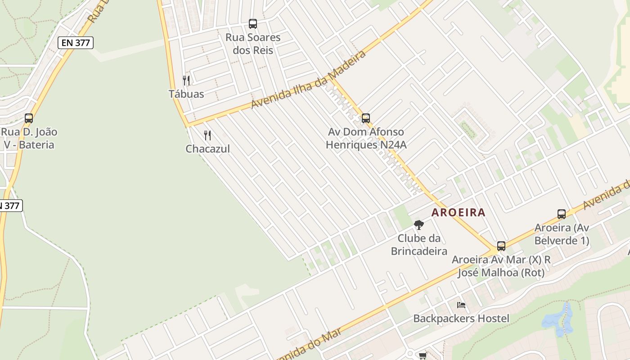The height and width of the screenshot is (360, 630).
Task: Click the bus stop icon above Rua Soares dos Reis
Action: [253, 23]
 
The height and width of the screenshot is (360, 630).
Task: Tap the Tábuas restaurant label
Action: [186, 94]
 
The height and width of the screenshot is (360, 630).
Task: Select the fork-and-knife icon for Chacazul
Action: [207, 135]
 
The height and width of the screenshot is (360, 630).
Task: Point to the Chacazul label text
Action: [207, 148]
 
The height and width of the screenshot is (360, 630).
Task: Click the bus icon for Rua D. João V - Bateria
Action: [29, 118]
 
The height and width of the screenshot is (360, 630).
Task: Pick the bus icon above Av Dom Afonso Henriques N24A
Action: [366, 118]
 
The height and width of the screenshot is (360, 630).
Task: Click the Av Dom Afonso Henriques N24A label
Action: [366, 138]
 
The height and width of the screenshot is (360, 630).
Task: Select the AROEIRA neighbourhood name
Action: [459, 212]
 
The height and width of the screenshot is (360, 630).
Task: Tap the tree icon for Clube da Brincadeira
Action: [419, 225]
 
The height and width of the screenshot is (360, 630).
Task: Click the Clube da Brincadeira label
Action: [419, 244]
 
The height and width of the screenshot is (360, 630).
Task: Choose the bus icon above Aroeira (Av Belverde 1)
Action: [562, 214]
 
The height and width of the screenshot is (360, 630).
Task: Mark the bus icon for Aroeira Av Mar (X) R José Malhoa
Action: [501, 246]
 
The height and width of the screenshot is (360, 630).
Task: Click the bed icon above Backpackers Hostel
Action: [461, 305]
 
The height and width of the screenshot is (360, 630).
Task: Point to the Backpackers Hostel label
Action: [461, 319]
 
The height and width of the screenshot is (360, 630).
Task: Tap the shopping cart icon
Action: [423, 356]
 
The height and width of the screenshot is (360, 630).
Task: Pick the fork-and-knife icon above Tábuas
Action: [186, 81]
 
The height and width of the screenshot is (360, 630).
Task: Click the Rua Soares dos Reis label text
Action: [253, 44]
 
